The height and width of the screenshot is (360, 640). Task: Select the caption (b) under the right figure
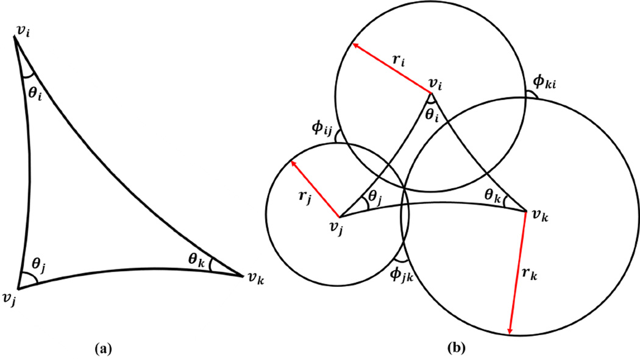pyautogui.click(x=456, y=348)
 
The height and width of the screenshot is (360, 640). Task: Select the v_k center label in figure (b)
pyautogui.click(x=539, y=215)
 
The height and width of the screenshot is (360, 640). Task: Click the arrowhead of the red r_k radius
pyautogui.click(x=510, y=332)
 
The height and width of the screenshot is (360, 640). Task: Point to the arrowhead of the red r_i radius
pyautogui.click(x=352, y=44)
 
